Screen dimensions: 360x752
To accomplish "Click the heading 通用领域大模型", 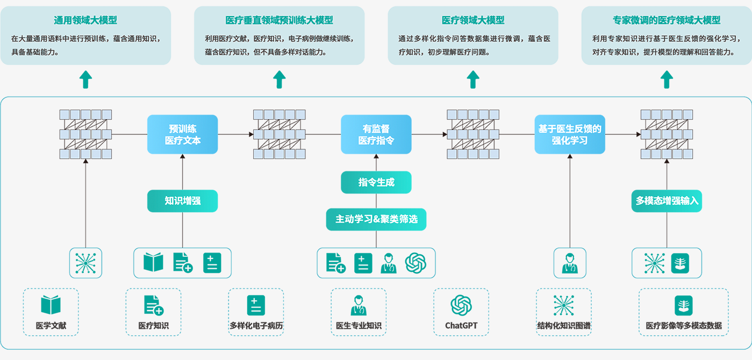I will coord(85,20).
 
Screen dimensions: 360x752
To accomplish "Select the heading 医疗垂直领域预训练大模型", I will coord(279,20).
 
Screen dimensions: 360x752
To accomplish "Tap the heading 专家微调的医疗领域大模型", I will coord(667,20).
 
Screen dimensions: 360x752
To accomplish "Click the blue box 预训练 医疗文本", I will coord(182,134).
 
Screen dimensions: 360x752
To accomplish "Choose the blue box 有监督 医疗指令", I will coord(376,134).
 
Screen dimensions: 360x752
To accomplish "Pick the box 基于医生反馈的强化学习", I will coord(569,134).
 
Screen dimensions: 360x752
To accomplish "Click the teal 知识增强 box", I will coord(182,201).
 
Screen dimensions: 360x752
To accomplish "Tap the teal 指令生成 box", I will coord(376,183).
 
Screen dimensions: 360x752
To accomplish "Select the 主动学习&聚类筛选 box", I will coord(376,219).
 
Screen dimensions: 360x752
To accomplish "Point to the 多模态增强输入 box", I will coord(667,201).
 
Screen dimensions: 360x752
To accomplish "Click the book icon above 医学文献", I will coord(51,305).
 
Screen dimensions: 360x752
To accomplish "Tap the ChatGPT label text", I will coord(461,326).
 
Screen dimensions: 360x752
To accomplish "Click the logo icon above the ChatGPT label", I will coord(461,305).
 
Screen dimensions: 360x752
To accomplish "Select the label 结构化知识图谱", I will coord(563,326).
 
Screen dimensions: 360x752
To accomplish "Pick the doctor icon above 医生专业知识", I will coord(358,305).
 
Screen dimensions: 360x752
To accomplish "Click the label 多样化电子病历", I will coord(256,326).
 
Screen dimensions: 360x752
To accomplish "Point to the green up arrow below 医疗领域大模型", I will coord(473,80).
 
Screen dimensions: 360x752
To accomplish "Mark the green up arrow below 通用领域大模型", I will coord(85,80).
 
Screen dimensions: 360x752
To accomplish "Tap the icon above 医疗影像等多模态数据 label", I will coord(683,305).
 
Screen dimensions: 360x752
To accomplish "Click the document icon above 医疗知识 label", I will coord(153,305).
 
